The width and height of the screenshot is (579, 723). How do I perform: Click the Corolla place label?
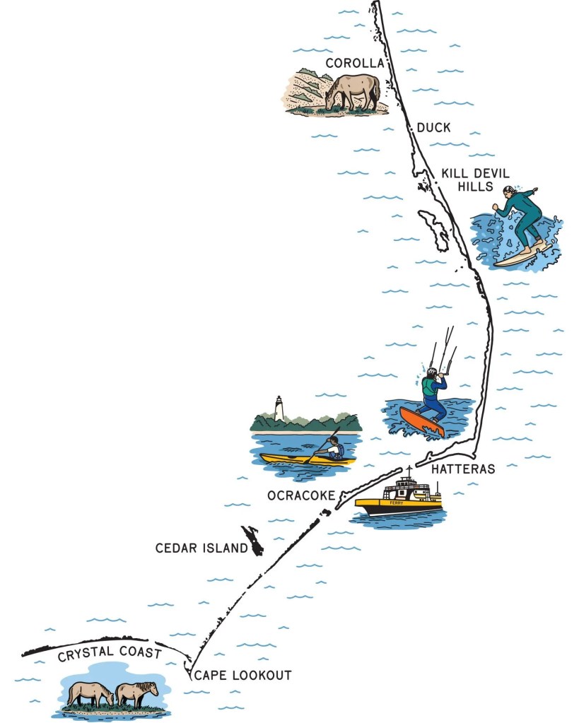click(354, 64)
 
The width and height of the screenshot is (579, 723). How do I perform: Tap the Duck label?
click(433, 128)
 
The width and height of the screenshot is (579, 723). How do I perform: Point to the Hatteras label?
click(463, 469)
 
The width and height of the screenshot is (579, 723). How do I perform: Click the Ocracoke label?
click(300, 495)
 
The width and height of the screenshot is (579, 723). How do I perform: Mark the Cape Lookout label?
click(242, 675)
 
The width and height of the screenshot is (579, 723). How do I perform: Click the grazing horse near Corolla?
click(353, 91)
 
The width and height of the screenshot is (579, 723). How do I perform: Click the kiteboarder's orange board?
click(421, 421)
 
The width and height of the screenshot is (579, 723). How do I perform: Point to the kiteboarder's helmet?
click(431, 372)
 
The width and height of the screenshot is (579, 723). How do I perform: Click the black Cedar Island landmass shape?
click(252, 540)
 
